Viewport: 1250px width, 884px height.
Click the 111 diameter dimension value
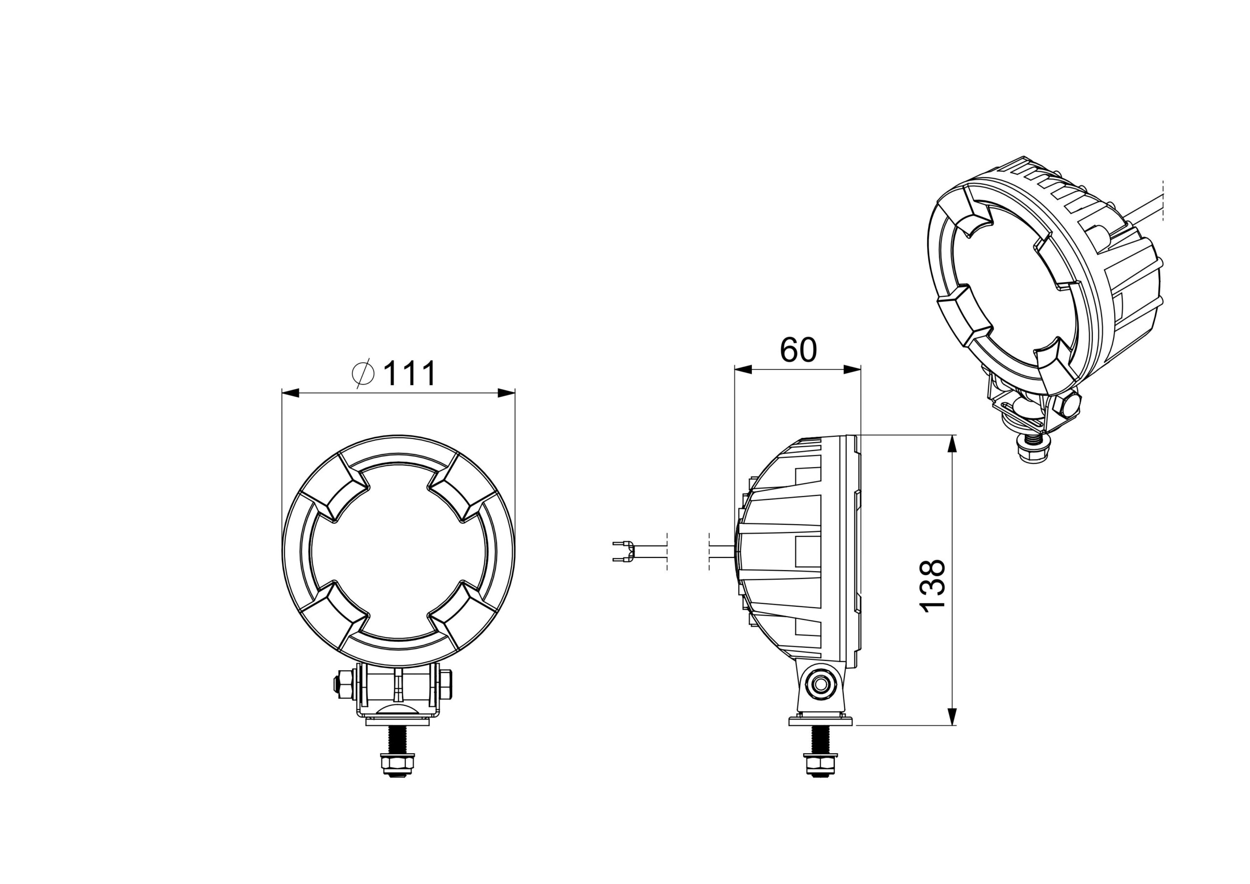click(409, 374)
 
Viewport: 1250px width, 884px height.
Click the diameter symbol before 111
click(364, 373)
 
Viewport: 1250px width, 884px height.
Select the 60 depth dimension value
click(798, 350)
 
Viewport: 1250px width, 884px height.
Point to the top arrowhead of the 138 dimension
click(952, 444)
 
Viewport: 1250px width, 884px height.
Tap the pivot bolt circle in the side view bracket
click(819, 685)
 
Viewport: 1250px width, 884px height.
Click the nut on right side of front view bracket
click(446, 686)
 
